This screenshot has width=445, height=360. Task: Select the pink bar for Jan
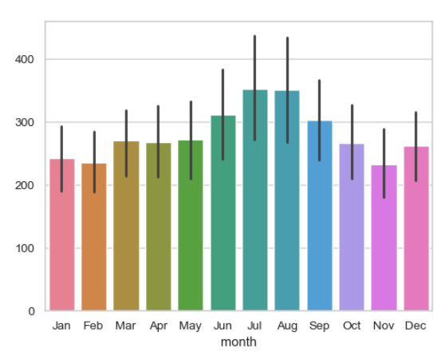point(62,235)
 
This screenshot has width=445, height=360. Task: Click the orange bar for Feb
point(94,237)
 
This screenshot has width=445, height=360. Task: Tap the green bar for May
point(191,225)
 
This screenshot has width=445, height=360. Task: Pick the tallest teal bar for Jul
point(255,200)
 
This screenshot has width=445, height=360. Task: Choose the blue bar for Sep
point(320,216)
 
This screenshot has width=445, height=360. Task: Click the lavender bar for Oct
point(352,227)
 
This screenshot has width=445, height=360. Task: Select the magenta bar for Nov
point(384,238)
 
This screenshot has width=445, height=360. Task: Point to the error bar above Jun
point(222,114)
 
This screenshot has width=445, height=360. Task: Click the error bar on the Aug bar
point(287,90)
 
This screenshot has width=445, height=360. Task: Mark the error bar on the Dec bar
point(416,147)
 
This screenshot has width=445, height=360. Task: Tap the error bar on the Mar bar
point(126,144)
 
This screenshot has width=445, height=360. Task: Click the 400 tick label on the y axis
point(25,60)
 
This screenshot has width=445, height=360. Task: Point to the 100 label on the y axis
point(25,248)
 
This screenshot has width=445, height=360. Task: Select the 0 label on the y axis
point(32,311)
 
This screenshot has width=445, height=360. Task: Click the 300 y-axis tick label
point(25,123)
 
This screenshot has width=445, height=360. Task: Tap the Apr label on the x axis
point(159,326)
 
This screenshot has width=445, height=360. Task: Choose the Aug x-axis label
point(287,326)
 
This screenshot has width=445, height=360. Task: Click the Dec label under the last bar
point(415,326)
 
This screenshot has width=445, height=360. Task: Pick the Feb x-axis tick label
point(93,326)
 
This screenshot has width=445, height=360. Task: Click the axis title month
point(238,342)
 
